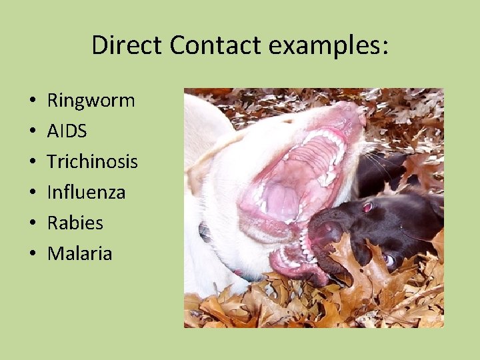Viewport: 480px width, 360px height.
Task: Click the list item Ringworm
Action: click(x=91, y=101)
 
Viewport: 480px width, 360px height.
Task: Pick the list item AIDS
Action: click(x=67, y=131)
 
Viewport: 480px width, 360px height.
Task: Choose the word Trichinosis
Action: click(x=92, y=162)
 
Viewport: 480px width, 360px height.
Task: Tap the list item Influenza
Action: click(x=86, y=193)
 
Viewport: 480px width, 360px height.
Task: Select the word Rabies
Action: click(x=75, y=223)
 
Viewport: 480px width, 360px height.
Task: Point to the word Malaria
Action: click(x=79, y=253)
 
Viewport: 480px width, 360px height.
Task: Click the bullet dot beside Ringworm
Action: click(x=33, y=102)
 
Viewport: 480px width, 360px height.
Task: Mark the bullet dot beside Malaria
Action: click(x=33, y=254)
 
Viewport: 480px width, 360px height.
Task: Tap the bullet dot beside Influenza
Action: click(x=33, y=193)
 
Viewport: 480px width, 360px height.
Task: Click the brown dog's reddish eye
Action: click(x=368, y=207)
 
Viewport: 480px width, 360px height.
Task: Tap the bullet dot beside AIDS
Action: click(x=33, y=132)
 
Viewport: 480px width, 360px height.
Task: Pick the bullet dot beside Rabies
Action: click(x=33, y=223)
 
